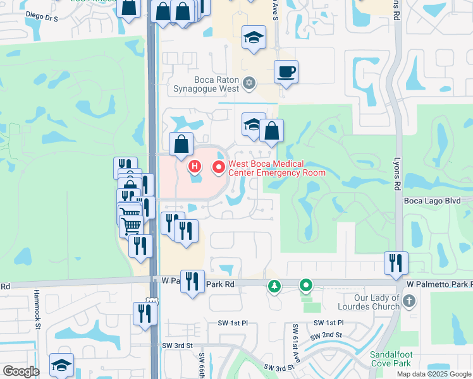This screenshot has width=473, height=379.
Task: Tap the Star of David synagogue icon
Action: (249, 83)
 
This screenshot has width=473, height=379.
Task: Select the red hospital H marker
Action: (195, 167)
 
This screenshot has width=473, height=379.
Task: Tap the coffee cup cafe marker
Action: (286, 71)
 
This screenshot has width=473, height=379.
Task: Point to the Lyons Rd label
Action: (398, 173)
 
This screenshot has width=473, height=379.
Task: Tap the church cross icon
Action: (409, 301)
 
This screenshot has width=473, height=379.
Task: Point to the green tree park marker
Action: (274, 287)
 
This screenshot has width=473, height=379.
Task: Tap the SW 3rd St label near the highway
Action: (176, 345)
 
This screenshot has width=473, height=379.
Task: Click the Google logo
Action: (20, 371)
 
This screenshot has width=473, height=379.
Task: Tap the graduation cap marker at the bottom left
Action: (61, 364)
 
